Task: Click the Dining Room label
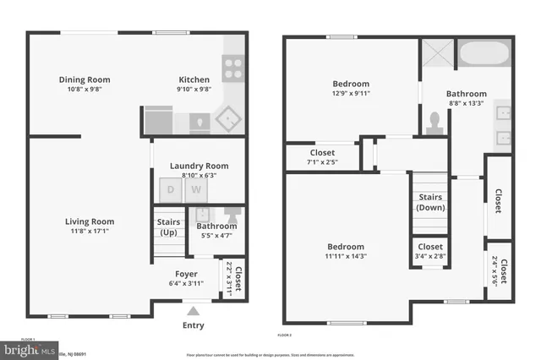pyautogui.click(x=85, y=80)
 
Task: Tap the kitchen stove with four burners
pyautogui.click(x=232, y=66)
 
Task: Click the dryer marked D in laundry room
pyautogui.click(x=170, y=190)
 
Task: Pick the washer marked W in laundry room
pyautogui.click(x=195, y=190)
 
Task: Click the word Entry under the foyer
pyautogui.click(x=193, y=325)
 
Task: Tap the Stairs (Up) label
pyautogui.click(x=169, y=227)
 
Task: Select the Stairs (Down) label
pyautogui.click(x=430, y=202)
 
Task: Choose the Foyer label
pyautogui.click(x=187, y=274)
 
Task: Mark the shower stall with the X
pyautogui.click(x=438, y=56)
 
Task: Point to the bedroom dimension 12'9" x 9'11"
pyautogui.click(x=350, y=95)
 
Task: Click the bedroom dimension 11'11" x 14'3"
pyautogui.click(x=346, y=257)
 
